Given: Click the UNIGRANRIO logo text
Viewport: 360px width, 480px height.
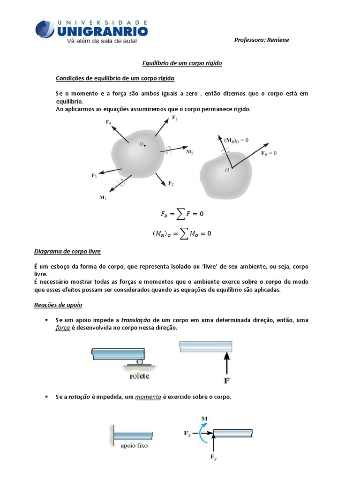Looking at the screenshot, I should (x=102, y=31).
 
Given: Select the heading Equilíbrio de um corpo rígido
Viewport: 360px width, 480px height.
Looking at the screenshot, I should (x=182, y=62).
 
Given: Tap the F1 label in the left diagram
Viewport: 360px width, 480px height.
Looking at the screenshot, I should (x=174, y=119).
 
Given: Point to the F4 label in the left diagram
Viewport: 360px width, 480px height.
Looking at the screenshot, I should (x=108, y=122).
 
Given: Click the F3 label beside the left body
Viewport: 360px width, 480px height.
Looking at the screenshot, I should (x=94, y=175).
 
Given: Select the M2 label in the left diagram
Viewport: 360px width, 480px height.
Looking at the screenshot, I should (x=189, y=152).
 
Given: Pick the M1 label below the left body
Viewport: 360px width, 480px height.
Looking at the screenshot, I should (x=103, y=198).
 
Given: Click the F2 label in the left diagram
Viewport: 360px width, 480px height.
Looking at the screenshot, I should (x=171, y=183).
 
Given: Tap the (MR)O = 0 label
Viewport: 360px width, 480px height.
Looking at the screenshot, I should (x=236, y=140).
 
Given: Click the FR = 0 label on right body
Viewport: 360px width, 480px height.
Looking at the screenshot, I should (x=269, y=153).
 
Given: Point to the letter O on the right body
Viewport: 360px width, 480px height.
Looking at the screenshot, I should (x=227, y=170).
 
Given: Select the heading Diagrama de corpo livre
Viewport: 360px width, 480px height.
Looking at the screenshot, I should (x=67, y=251).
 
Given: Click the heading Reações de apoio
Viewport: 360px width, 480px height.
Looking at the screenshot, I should (x=58, y=305).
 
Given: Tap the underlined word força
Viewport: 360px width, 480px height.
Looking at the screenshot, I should (x=62, y=328).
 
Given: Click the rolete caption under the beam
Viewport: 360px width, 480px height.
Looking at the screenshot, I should (x=140, y=375).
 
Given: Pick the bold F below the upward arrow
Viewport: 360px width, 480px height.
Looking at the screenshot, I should (x=227, y=380).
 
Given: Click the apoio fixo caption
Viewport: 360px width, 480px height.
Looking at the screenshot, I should (x=134, y=446).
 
